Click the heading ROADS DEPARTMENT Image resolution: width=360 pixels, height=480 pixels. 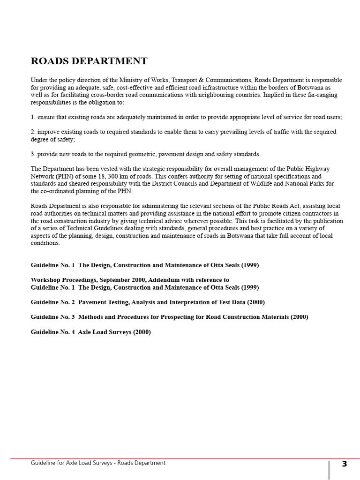pyautogui.click(x=89, y=61)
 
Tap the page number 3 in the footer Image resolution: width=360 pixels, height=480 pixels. pyautogui.click(x=345, y=464)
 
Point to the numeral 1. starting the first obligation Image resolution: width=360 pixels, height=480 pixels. pyautogui.click(x=33, y=117)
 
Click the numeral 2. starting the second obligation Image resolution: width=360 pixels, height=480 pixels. pyautogui.click(x=33, y=132)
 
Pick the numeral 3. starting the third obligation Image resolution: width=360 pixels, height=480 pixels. pyautogui.click(x=33, y=154)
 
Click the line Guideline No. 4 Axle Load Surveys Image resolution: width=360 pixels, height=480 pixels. pyautogui.click(x=91, y=332)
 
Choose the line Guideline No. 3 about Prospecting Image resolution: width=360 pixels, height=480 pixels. pyautogui.click(x=169, y=317)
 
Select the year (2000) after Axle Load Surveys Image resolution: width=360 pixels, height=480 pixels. pyautogui.click(x=142, y=332)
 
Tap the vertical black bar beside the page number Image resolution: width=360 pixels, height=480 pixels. pyautogui.click(x=329, y=470)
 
